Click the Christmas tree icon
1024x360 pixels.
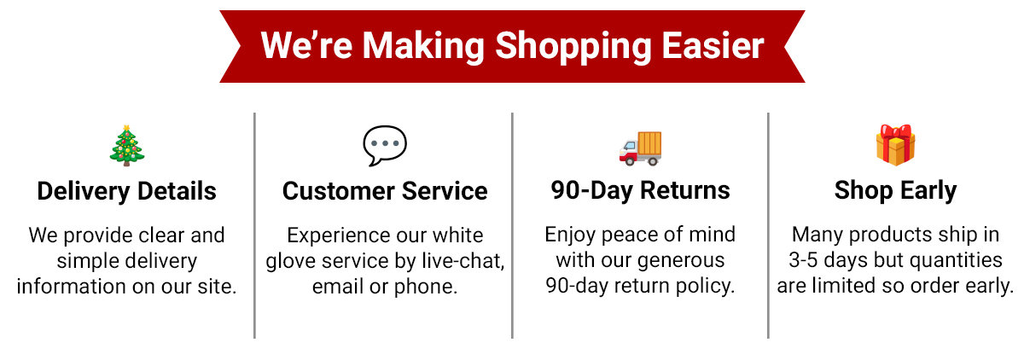(126, 146)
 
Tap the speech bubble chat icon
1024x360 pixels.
(385, 145)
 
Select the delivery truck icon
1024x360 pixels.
(640, 148)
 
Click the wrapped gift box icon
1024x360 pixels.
(895, 145)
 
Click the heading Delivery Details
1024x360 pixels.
(126, 191)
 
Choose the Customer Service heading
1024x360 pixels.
(385, 191)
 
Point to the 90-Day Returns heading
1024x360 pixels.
(640, 190)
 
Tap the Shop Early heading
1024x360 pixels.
(895, 191)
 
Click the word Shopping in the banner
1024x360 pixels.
(573, 47)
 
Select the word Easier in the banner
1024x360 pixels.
(713, 46)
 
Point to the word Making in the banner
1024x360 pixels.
(424, 47)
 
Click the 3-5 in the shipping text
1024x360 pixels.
(803, 260)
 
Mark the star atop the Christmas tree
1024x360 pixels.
(126, 128)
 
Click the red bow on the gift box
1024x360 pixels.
(895, 132)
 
